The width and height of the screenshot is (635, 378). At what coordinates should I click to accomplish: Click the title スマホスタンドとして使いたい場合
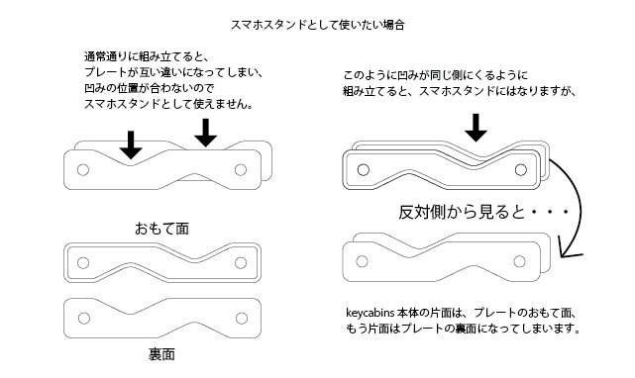click(x=317, y=25)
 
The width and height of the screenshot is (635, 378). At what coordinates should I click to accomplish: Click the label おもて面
click(x=162, y=229)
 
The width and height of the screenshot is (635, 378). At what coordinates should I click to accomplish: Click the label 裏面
click(x=161, y=354)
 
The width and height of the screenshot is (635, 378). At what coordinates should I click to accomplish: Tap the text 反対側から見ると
click(x=462, y=212)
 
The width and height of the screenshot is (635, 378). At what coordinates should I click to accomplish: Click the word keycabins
click(x=370, y=313)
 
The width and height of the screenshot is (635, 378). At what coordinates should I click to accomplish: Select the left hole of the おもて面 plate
click(x=83, y=263)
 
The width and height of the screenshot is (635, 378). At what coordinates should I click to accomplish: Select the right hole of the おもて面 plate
click(x=241, y=263)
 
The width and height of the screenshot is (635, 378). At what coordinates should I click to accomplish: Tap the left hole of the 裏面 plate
click(x=84, y=319)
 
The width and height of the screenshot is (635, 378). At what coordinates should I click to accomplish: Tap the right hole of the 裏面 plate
click(x=242, y=319)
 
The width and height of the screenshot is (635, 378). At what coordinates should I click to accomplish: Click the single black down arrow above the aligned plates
click(x=476, y=128)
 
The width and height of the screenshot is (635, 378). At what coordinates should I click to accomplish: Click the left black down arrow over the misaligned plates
click(x=131, y=144)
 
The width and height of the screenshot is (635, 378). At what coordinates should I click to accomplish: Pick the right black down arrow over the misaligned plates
click(x=206, y=133)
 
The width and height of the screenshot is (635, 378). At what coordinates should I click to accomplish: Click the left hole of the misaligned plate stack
click(x=83, y=170)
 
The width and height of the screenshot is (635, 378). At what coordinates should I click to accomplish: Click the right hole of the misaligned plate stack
click(x=241, y=170)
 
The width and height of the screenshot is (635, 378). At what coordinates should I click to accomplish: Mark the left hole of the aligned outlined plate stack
click(x=364, y=170)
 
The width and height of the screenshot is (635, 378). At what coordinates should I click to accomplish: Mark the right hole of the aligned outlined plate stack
click(x=521, y=170)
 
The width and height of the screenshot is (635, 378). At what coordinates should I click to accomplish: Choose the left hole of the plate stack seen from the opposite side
click(x=362, y=261)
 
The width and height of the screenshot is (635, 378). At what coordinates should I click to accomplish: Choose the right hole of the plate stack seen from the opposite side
click(x=519, y=261)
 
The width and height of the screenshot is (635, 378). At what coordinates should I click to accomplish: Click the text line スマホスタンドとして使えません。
click(x=168, y=105)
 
